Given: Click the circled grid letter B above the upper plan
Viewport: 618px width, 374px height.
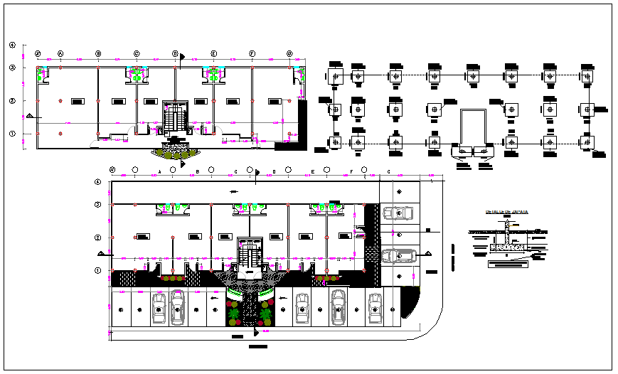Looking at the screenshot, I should [x=98, y=54].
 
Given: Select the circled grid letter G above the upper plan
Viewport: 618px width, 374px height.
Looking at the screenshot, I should [x=289, y=54].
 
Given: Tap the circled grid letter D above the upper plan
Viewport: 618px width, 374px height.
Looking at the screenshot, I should [x=175, y=54].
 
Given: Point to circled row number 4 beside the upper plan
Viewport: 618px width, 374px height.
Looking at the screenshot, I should [x=12, y=46].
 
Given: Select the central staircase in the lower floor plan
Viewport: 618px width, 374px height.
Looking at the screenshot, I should [x=248, y=253].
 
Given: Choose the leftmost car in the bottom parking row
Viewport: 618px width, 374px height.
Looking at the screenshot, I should [x=158, y=306].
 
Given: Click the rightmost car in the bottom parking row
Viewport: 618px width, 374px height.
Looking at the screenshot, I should [x=375, y=306].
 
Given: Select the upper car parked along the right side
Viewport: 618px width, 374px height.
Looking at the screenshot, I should [x=399, y=212].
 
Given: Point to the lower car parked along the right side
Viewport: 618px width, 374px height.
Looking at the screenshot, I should [x=399, y=256].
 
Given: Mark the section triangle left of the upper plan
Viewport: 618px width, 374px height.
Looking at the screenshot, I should [x=29, y=115].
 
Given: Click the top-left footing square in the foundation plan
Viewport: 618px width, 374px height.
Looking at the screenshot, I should [x=336, y=75].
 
